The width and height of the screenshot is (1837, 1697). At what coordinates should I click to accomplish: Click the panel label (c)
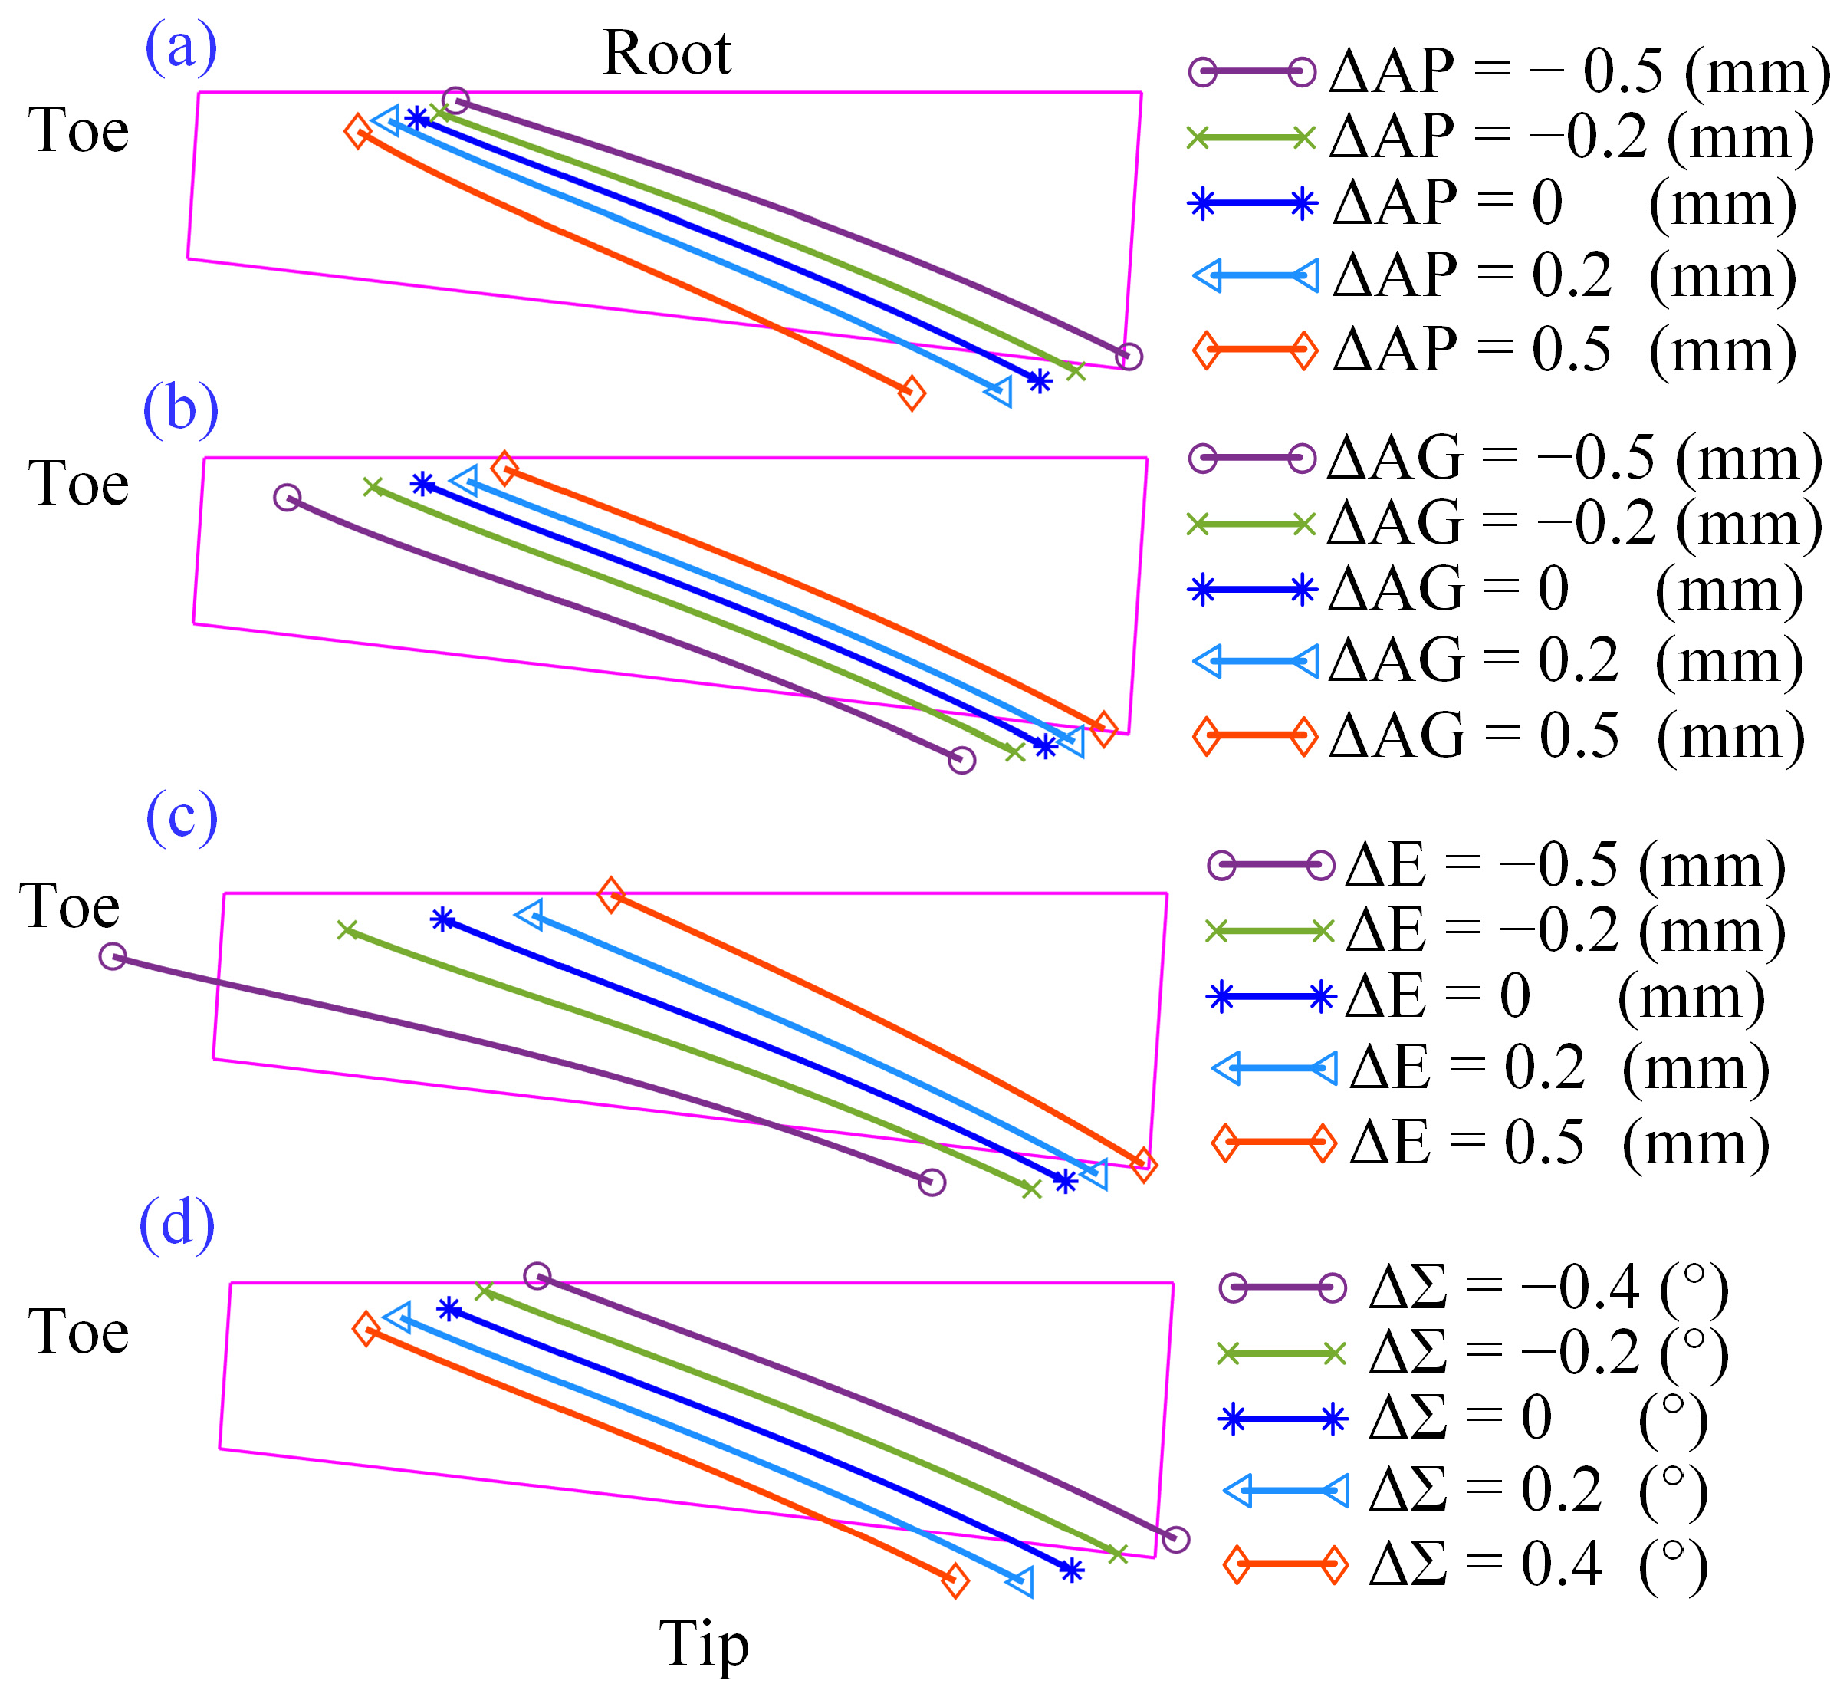coord(182,817)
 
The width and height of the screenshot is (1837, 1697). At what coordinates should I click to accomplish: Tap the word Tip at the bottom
coord(703,1643)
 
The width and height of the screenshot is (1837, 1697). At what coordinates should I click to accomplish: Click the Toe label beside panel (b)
coord(78,484)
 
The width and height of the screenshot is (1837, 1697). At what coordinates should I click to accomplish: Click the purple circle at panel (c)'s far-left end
coord(112,956)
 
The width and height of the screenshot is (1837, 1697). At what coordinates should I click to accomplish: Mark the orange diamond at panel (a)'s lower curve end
coord(911,393)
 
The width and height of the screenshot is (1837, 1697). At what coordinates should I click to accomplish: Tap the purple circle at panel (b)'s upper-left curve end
coord(288,498)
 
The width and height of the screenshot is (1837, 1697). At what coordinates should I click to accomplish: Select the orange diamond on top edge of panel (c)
coord(610,893)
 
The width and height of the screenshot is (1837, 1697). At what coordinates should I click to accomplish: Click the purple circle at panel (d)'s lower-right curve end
coord(1175,1539)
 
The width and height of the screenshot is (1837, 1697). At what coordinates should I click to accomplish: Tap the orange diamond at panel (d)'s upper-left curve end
coord(366,1329)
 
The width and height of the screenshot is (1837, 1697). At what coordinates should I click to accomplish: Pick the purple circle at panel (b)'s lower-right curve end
coord(961,759)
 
